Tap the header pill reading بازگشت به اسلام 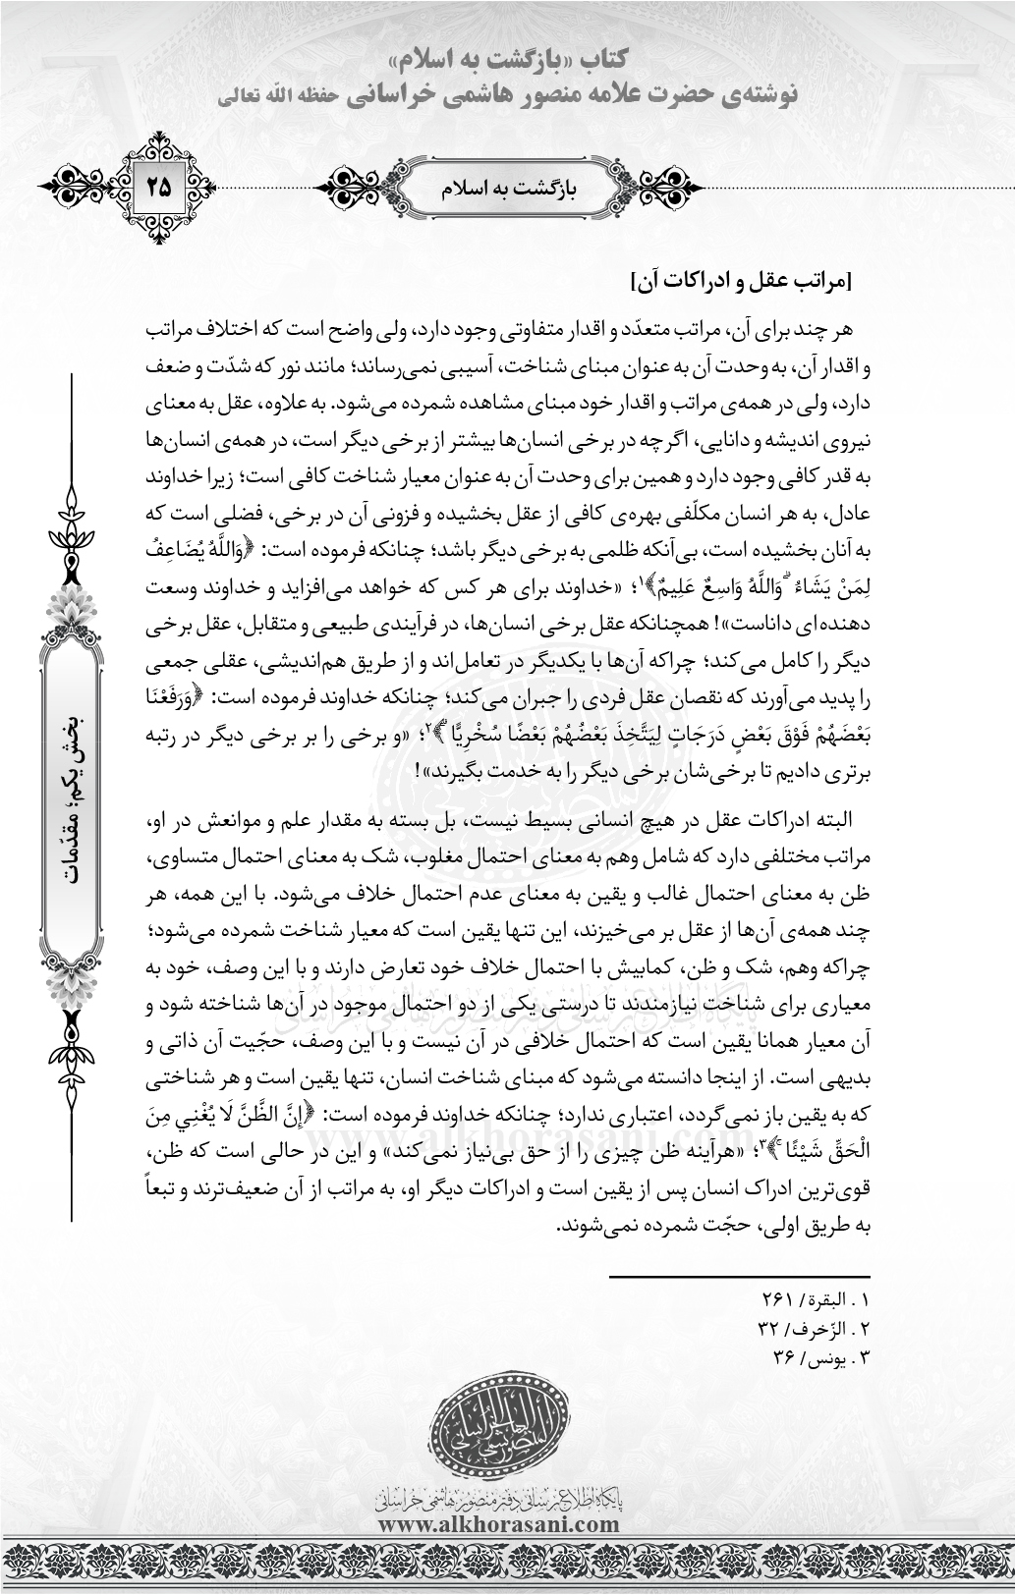click(507, 186)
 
